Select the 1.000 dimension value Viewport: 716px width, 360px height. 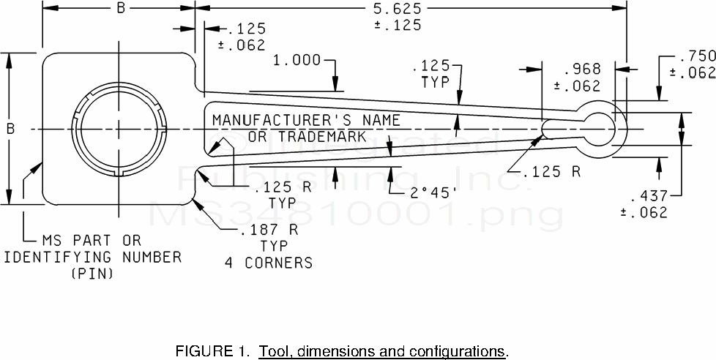click(297, 60)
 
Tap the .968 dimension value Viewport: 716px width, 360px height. click(582, 70)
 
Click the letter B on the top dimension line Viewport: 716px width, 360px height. click(120, 9)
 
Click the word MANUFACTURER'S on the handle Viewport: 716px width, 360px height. click(269, 120)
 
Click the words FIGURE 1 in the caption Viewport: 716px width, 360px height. click(207, 350)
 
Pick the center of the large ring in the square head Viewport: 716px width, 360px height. click(118, 130)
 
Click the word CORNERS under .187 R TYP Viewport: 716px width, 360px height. click(279, 262)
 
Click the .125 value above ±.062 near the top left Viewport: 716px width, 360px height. click(247, 29)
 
